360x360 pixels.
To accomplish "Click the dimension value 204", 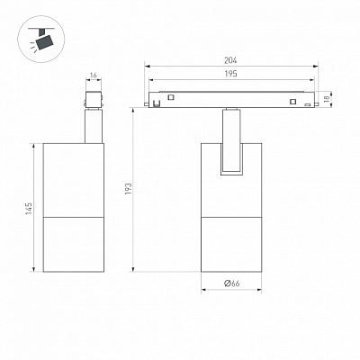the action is tap(230, 60).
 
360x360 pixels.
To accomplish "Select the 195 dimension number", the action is tap(230, 74).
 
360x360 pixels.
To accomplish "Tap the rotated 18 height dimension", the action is tap(327, 97).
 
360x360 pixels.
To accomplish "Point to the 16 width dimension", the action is tap(94, 75).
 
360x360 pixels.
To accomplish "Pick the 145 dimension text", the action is tap(29, 208).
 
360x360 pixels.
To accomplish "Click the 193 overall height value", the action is tap(128, 189).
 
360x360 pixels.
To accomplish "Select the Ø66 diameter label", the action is tap(232, 283).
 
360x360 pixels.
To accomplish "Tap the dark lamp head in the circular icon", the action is tap(44, 41).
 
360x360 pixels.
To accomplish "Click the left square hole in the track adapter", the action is tap(171, 97).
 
